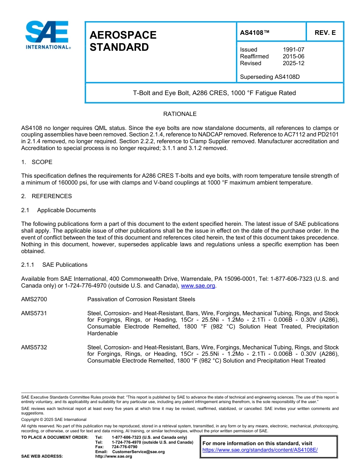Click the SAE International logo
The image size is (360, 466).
[47, 35]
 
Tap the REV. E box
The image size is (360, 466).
[325, 33]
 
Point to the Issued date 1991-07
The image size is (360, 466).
[293, 50]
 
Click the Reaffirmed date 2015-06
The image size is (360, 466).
[293, 56]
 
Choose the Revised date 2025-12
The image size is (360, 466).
[293, 63]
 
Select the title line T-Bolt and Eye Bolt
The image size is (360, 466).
[214, 93]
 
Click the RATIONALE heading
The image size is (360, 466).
[180, 114]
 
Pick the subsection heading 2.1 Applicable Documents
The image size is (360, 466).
[58, 210]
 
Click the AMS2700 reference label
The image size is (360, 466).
[34, 300]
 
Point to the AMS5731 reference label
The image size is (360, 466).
[34, 314]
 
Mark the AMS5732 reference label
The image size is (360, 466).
[34, 347]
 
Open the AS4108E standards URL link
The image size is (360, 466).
[260, 450]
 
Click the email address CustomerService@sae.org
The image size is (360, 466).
[138, 452]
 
